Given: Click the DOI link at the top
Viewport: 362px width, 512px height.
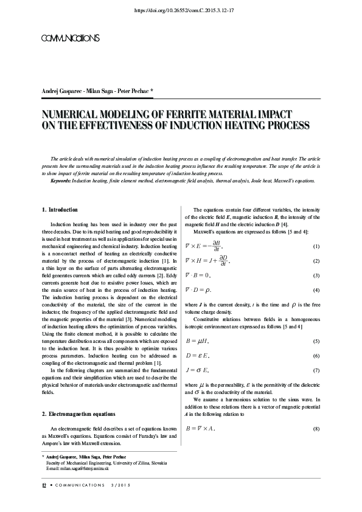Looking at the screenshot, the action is tap(181, 10).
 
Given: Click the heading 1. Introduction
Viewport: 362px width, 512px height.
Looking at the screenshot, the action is tap(60, 210).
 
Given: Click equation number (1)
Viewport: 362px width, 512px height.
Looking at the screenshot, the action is tap(316, 246).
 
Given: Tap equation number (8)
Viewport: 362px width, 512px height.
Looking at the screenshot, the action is tap(316, 429).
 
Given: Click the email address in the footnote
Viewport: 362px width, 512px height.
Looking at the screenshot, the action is tap(78, 468).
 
